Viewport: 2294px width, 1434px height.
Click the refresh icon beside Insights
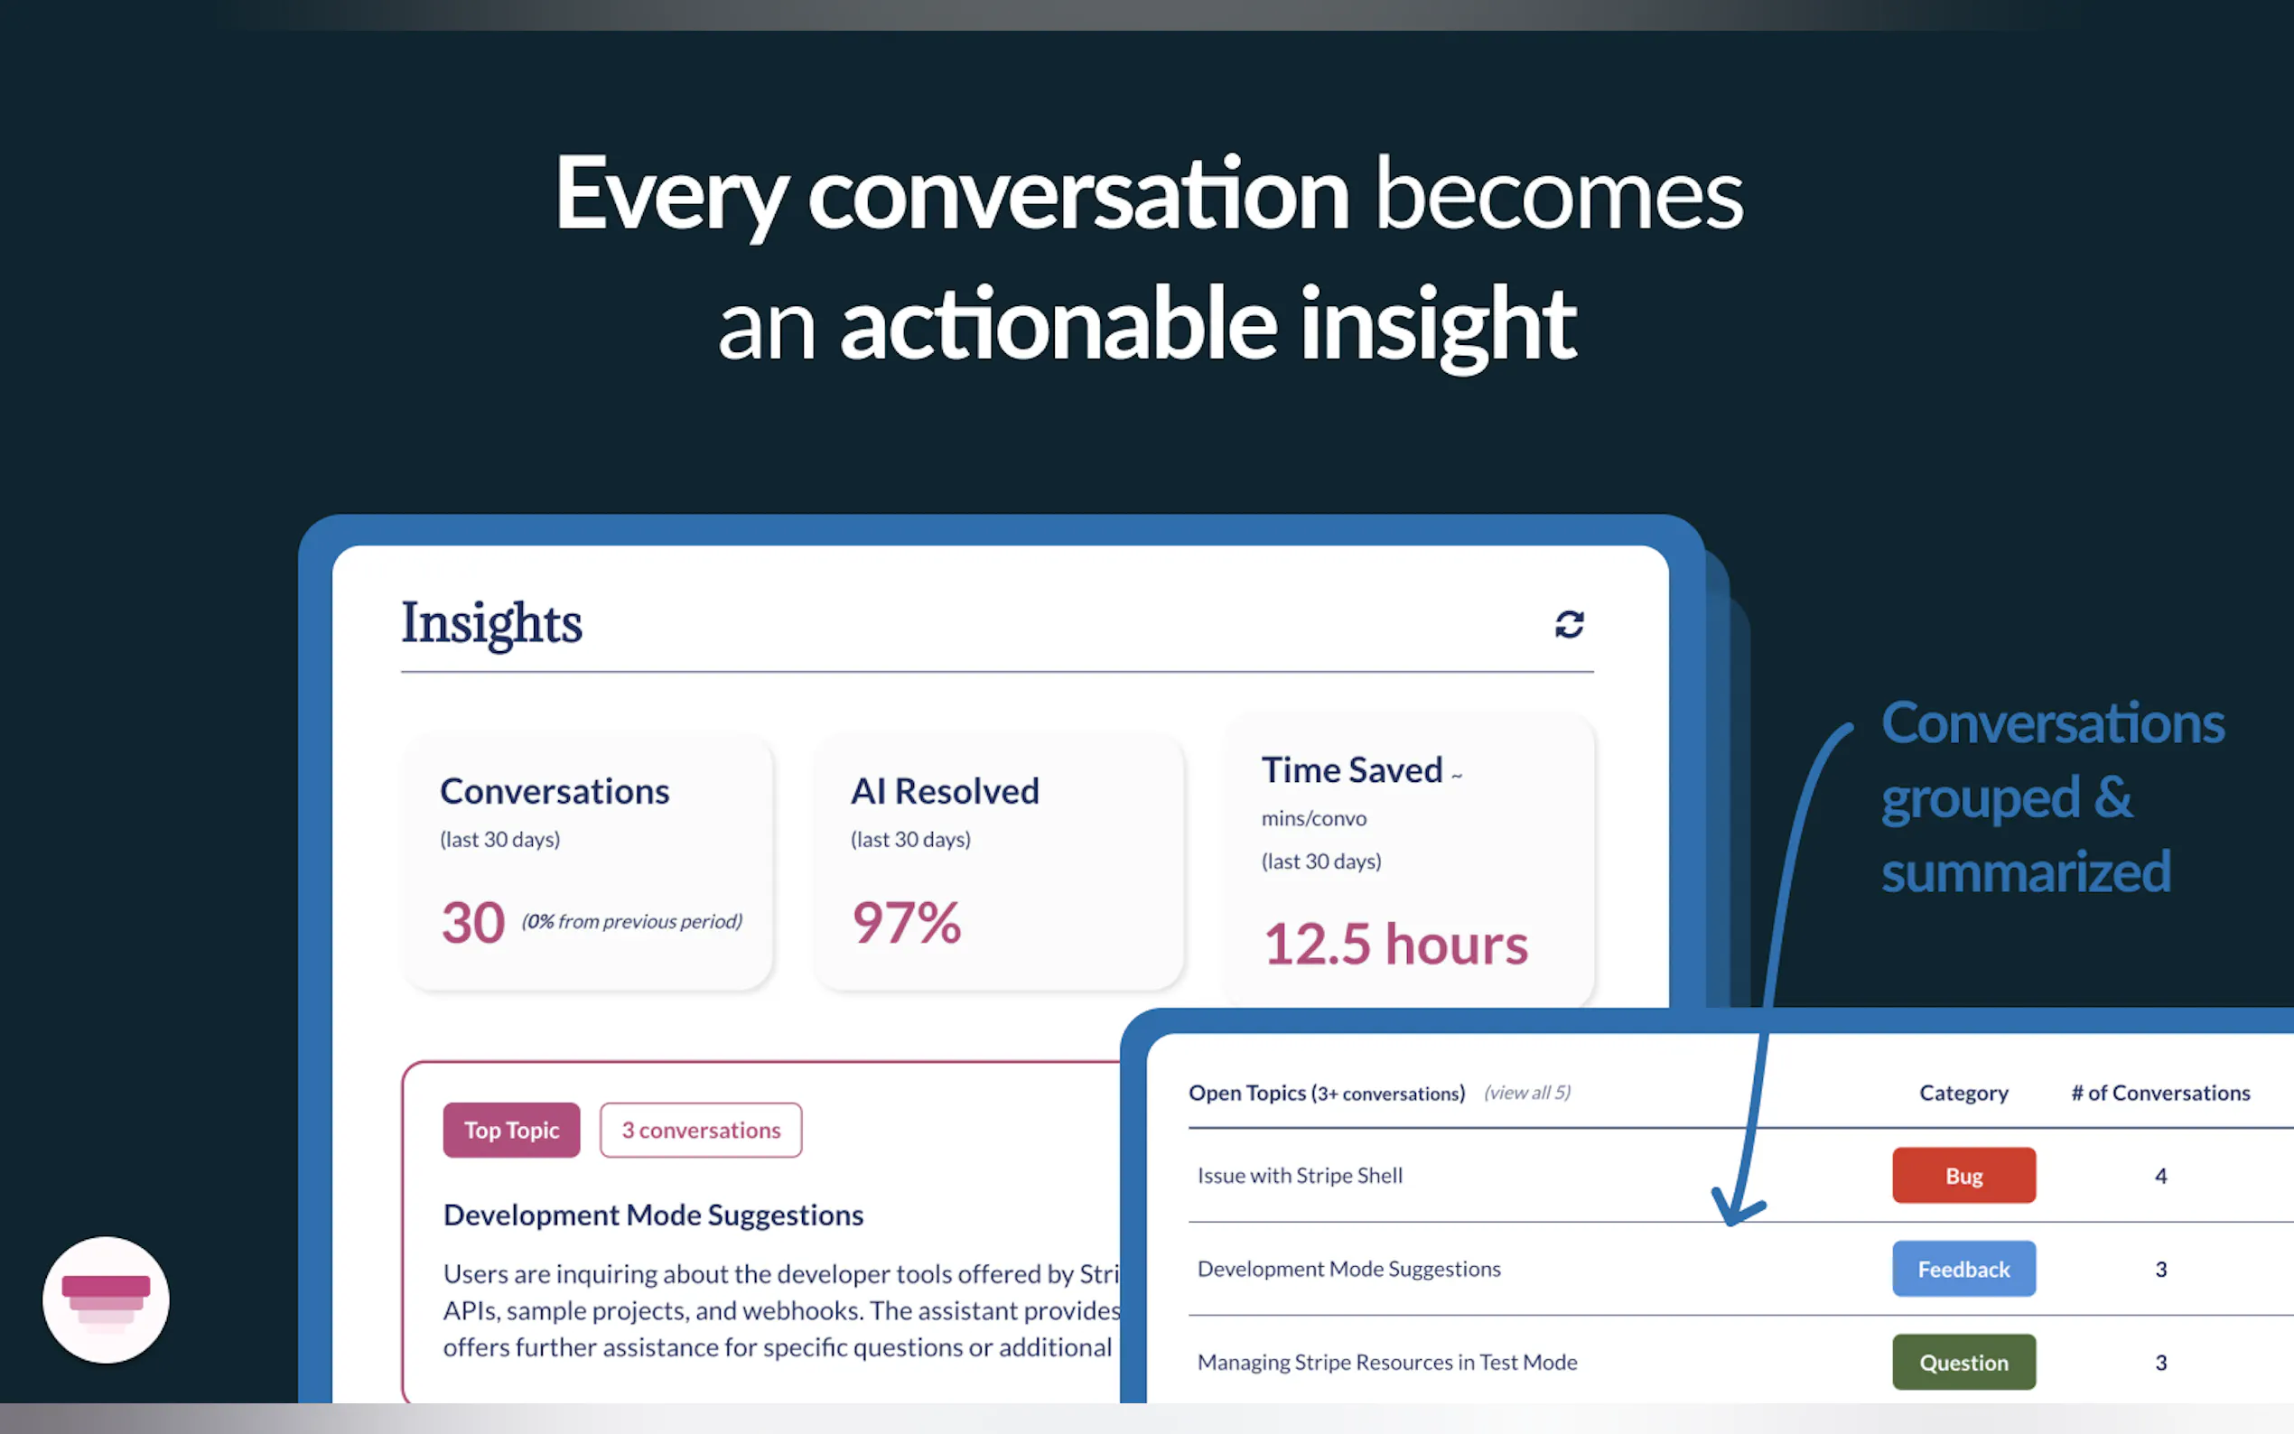pos(1570,624)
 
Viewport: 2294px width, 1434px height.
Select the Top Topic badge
pos(511,1130)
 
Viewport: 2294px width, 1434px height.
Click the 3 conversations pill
pos(701,1130)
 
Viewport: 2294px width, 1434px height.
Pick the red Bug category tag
pos(1964,1175)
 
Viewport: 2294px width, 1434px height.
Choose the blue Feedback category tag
pos(1964,1269)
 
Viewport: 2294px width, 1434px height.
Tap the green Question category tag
pos(1964,1362)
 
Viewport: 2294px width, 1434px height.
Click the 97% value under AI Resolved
pos(907,922)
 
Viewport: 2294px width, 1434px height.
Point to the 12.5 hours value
pos(1396,945)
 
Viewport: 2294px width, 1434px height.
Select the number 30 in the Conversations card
pos(473,923)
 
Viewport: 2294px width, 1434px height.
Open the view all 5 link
pos(1527,1093)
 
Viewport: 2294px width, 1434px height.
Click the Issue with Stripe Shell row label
pos(1300,1175)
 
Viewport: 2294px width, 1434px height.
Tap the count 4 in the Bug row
pos(2161,1176)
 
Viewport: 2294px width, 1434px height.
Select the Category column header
pos(1964,1094)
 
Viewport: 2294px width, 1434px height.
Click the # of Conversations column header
pos(2160,1093)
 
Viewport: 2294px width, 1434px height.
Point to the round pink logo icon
pos(107,1299)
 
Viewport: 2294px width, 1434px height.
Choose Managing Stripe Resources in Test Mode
pos(1387,1362)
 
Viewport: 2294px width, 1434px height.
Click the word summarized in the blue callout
pos(2027,871)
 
